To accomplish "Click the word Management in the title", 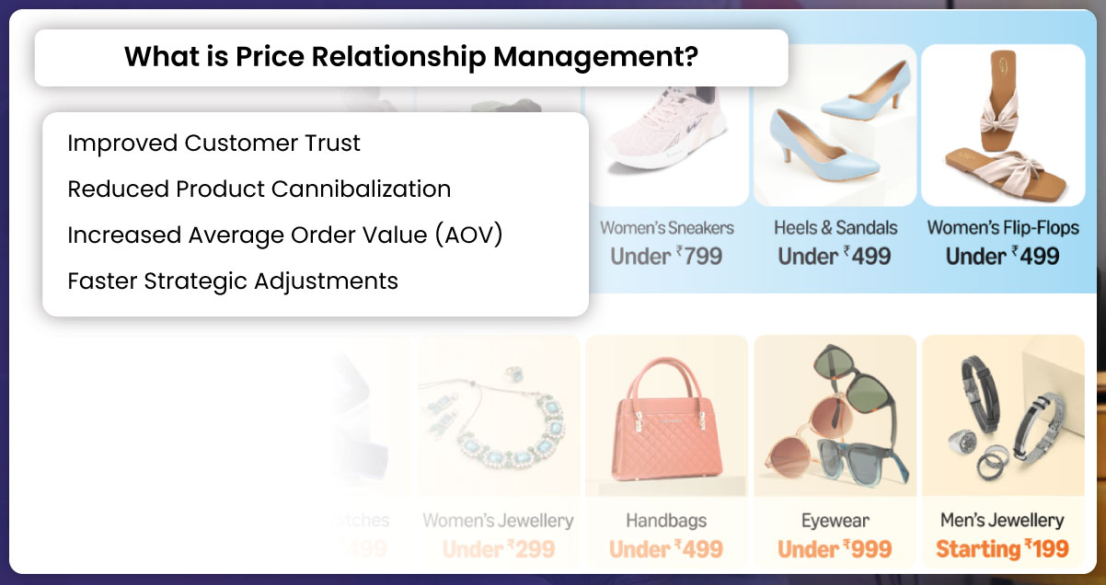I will (x=595, y=57).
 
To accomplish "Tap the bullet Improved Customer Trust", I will (x=213, y=143).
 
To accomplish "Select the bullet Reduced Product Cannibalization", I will (x=259, y=189).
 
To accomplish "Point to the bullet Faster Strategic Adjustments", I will (x=233, y=281).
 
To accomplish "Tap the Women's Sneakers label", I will (x=667, y=227).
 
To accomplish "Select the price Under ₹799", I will (x=667, y=256).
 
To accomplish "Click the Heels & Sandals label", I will (x=835, y=227).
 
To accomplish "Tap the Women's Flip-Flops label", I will (x=1003, y=227).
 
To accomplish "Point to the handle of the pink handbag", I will (x=667, y=377).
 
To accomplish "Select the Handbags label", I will (x=666, y=521).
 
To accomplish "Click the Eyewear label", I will (x=835, y=521).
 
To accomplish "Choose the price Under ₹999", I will (x=835, y=549).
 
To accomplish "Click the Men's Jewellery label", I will (x=1002, y=521).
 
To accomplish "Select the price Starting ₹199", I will (x=1002, y=549).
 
